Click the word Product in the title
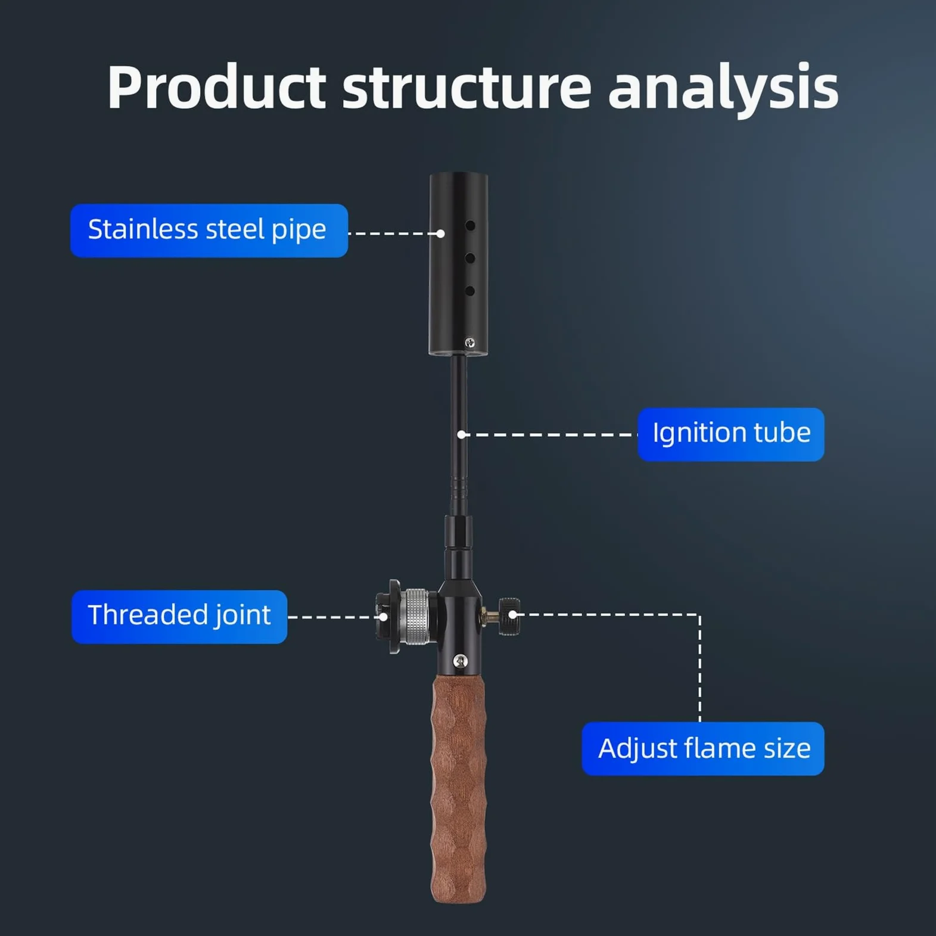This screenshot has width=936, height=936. (217, 88)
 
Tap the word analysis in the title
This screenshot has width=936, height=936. (723, 90)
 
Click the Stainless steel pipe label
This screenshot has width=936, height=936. (209, 231)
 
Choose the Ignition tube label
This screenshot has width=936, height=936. (731, 434)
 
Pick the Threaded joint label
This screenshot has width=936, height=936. (179, 617)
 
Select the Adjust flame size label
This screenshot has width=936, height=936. (703, 749)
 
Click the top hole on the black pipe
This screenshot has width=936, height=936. (470, 226)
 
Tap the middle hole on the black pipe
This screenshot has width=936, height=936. (470, 258)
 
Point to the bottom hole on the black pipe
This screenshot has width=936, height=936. (470, 291)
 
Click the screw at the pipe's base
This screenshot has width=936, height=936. (469, 343)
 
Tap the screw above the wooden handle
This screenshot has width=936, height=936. (460, 661)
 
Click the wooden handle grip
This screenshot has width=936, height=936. (458, 789)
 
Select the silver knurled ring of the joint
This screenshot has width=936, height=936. (415, 617)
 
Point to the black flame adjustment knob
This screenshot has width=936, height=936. (509, 617)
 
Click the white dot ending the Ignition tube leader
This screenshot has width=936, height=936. (461, 435)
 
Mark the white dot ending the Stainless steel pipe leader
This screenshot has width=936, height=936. (440, 234)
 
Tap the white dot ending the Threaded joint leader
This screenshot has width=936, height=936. (384, 617)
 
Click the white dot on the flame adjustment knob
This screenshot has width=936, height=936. (512, 614)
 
